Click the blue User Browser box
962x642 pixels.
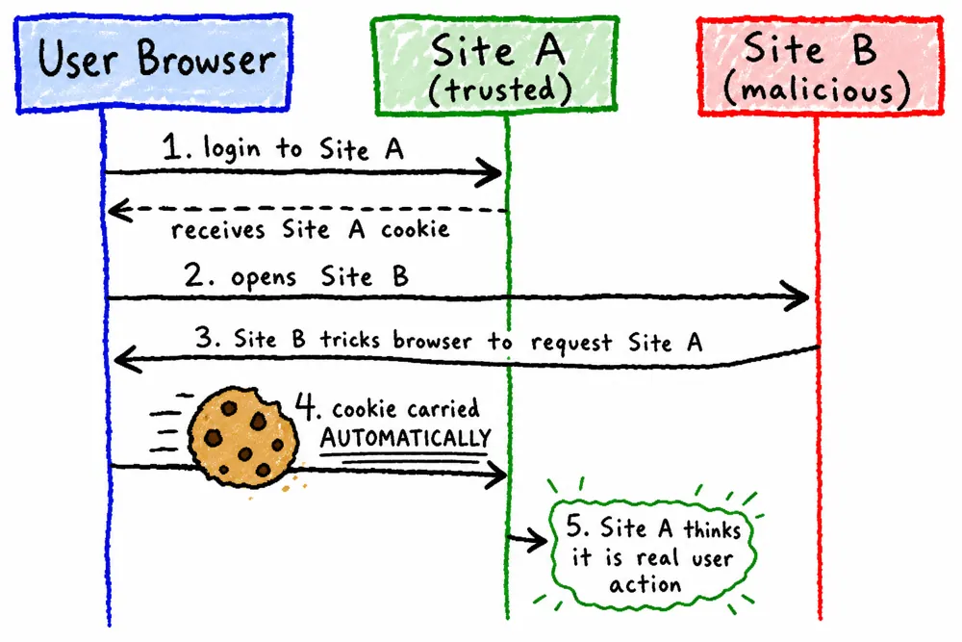[x=153, y=64]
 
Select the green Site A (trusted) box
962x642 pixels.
[x=495, y=66]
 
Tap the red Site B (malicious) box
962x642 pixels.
[x=821, y=65]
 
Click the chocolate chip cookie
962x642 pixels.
[x=243, y=437]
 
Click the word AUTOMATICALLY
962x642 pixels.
[x=406, y=438]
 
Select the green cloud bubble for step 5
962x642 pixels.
[x=652, y=554]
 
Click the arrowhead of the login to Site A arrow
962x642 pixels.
[x=490, y=172]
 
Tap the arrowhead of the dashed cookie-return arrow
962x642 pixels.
[x=119, y=211]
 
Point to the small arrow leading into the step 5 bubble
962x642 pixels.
[x=527, y=540]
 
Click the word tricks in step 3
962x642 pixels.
[x=350, y=340]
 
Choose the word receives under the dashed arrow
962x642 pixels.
[x=217, y=230]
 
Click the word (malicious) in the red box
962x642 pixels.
[x=817, y=90]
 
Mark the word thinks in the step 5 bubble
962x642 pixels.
[x=712, y=528]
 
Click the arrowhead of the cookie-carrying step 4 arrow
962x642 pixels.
[x=495, y=475]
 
